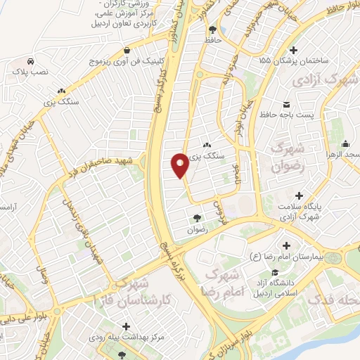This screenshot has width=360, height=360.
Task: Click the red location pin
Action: (x=180, y=164)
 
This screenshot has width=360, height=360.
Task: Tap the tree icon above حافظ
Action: (x=213, y=29)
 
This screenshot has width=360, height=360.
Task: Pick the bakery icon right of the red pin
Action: (x=205, y=143)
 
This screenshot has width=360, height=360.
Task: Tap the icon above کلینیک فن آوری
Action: (x=126, y=50)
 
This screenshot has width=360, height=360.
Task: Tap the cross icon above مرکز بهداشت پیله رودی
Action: (x=126, y=326)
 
